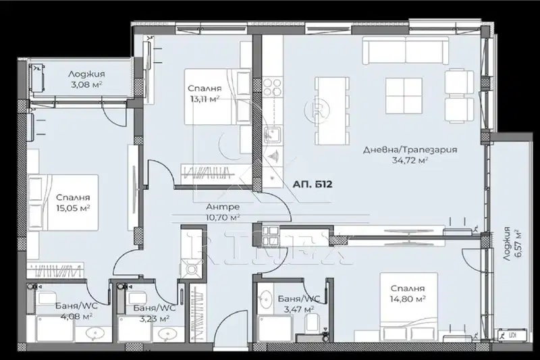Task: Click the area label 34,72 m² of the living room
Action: (x=410, y=160)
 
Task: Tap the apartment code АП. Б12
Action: (x=313, y=184)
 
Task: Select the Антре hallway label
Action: (x=223, y=207)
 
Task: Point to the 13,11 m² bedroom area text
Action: (x=205, y=99)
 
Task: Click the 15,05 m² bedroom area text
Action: (x=73, y=208)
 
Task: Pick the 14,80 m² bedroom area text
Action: (x=408, y=299)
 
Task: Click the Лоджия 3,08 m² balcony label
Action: (x=86, y=79)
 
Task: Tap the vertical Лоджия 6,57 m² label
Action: (x=512, y=243)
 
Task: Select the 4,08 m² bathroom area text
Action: (x=76, y=315)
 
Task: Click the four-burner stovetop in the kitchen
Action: (x=272, y=87)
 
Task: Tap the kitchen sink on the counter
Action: (x=273, y=134)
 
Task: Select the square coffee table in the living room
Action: (x=404, y=95)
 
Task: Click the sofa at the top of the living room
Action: (x=406, y=50)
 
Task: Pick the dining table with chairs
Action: (x=331, y=111)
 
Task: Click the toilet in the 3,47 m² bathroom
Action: (x=313, y=323)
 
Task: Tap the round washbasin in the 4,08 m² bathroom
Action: (x=93, y=333)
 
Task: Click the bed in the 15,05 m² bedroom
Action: (x=63, y=203)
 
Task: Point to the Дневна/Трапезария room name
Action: (x=410, y=150)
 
